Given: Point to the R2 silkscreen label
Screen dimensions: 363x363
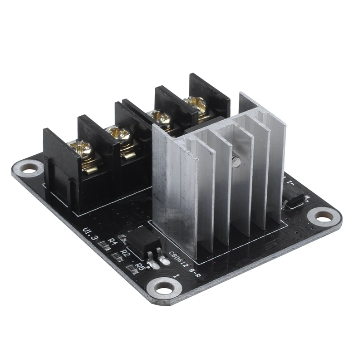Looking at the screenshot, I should pyautogui.click(x=126, y=254).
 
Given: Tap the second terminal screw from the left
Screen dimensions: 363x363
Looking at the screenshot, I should pyautogui.click(x=115, y=134).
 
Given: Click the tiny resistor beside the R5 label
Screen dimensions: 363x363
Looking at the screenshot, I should pyautogui.click(x=132, y=270).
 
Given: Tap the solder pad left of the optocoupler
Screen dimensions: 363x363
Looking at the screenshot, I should pyautogui.click(x=122, y=237).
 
